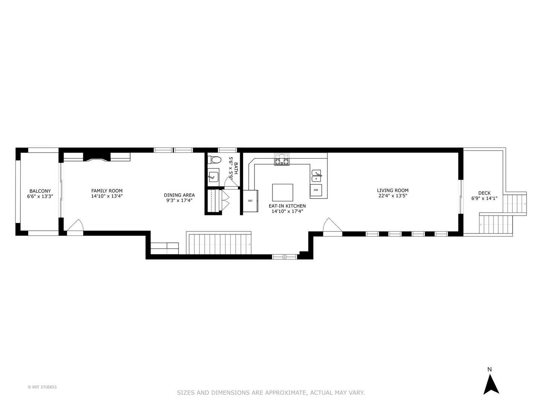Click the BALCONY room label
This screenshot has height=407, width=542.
[40, 191]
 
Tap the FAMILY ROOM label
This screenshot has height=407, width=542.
[107, 191]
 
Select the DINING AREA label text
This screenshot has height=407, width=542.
[179, 195]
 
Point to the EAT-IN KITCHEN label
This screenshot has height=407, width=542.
[287, 206]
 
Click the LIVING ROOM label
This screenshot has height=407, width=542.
[393, 190]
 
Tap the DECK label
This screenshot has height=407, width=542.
[484, 193]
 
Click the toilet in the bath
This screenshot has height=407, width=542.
[215, 160]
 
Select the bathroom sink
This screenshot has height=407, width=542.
[213, 176]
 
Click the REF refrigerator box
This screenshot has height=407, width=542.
[250, 201]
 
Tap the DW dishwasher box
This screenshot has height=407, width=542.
[316, 190]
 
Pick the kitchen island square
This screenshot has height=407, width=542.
[282, 193]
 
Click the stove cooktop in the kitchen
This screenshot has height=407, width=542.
[282, 160]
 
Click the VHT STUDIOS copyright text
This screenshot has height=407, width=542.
[42, 387]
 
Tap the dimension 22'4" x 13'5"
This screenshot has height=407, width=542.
[393, 196]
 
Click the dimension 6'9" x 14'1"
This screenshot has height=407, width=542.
[484, 198]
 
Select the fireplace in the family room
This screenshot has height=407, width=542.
[96, 157]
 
